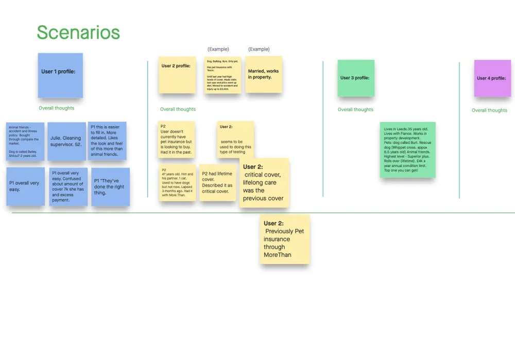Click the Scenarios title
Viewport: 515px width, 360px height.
(x=78, y=32)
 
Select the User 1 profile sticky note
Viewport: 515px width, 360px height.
(x=60, y=75)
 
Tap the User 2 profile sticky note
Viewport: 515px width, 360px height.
(x=177, y=75)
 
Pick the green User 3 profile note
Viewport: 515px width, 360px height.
(x=356, y=78)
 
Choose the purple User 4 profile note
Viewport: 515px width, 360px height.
(x=492, y=78)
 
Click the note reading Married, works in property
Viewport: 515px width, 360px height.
(x=264, y=75)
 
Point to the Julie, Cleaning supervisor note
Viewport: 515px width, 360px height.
(x=66, y=141)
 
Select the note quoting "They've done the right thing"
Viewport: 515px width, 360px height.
(x=110, y=187)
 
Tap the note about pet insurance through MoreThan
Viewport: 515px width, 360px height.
(x=284, y=239)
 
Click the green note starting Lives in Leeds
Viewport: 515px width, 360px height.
(x=407, y=149)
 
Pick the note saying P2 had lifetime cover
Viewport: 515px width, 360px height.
(x=219, y=183)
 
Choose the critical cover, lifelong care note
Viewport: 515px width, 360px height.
(x=264, y=183)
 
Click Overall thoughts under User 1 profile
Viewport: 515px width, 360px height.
(x=57, y=108)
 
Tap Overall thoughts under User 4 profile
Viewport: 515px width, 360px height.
(x=489, y=110)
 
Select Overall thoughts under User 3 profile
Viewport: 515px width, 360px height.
(x=355, y=110)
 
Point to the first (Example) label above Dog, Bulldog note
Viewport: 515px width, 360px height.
(x=218, y=49)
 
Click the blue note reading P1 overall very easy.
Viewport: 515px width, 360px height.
(x=25, y=186)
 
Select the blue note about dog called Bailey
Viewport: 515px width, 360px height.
(x=25, y=141)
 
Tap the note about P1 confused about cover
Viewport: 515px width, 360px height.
(x=68, y=186)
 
